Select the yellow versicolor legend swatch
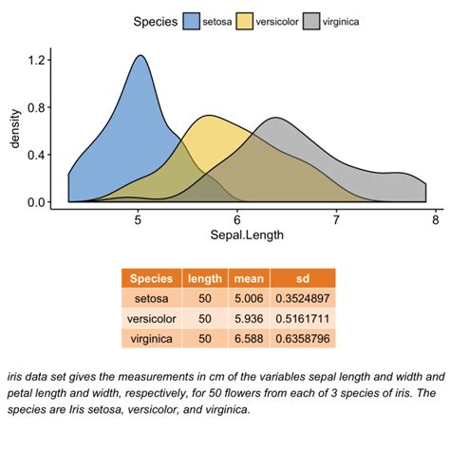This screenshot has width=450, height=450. [247, 20]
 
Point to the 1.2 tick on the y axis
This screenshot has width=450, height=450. [37, 60]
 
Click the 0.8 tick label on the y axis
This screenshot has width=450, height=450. [37, 107]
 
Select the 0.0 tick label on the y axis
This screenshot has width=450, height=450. [37, 202]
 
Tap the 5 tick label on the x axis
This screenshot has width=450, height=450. [138, 218]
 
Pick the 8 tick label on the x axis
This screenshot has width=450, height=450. [435, 218]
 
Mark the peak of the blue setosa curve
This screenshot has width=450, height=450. [141, 55]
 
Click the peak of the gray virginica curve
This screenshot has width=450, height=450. [276, 118]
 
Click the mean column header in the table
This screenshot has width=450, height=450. [248, 278]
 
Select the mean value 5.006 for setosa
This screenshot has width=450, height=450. [248, 298]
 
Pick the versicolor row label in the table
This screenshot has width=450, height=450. [153, 318]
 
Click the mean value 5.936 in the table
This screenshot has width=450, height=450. [248, 318]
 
